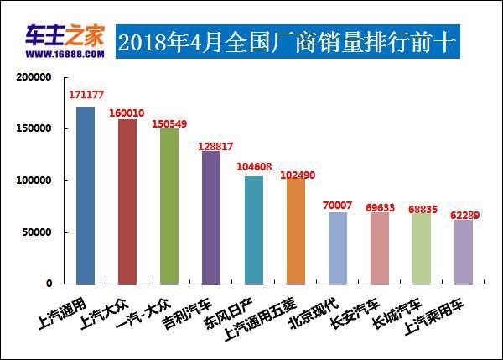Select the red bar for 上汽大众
[127, 201]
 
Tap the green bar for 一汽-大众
[169, 206]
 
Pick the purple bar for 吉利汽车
[211, 217]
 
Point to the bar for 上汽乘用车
[464, 252]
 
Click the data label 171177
[86, 95]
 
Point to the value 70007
[337, 204]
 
